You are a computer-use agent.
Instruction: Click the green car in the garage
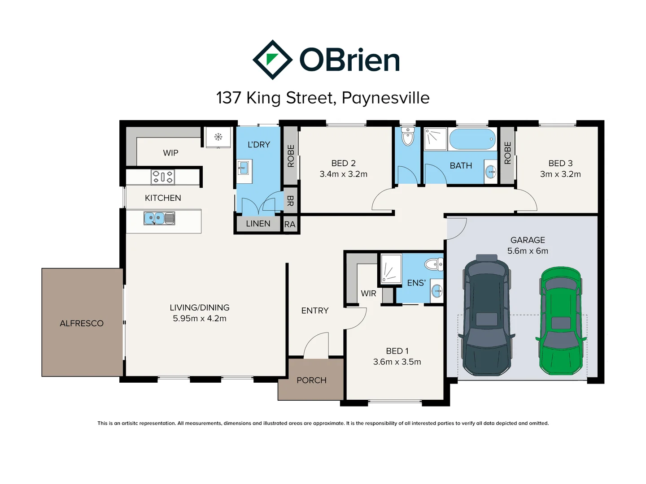tap(561, 321)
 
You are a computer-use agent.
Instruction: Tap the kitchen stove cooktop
tap(162, 177)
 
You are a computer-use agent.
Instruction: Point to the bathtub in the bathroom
tap(472, 139)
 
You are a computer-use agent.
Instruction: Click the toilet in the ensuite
tap(434, 264)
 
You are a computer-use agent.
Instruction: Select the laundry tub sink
tap(243, 169)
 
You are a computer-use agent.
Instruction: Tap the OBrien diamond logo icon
tap(272, 60)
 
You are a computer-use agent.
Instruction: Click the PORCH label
tap(311, 380)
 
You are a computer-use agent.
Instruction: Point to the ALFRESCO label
tap(82, 323)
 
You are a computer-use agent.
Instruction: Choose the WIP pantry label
tap(170, 153)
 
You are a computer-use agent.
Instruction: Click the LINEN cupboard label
tap(258, 224)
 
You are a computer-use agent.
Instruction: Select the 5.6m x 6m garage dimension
tap(528, 251)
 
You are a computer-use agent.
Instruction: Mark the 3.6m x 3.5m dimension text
tap(397, 362)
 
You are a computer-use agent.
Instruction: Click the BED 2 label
tap(343, 163)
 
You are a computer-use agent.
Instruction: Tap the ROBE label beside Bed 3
tap(507, 153)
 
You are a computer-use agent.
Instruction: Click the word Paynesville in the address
tap(385, 98)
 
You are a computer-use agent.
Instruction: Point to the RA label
tap(290, 224)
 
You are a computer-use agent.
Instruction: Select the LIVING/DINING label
tap(200, 307)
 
